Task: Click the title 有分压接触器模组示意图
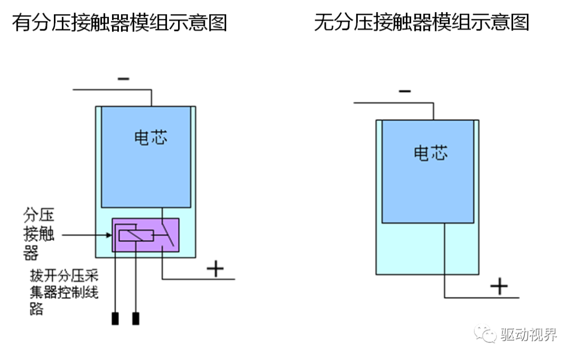point(119,22)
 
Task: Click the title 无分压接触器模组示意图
point(421,22)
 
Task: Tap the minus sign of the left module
point(123,79)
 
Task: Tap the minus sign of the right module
point(405,91)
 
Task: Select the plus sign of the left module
point(215,268)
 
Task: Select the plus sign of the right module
point(499,287)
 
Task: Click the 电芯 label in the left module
point(150,138)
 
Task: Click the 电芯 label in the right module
point(431,153)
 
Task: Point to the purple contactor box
point(145,235)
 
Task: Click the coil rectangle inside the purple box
point(136,235)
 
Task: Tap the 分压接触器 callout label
point(39,234)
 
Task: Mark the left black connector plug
point(115,318)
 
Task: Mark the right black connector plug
point(136,318)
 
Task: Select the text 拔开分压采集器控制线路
point(64,292)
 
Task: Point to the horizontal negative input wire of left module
point(112,90)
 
